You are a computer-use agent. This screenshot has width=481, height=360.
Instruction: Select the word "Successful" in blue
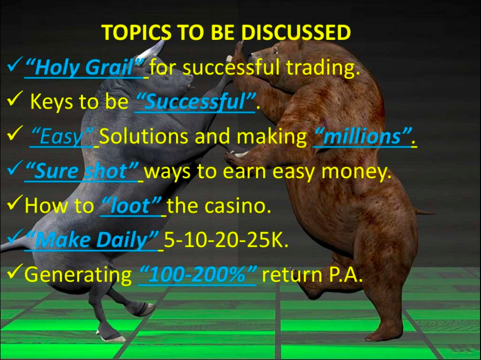(195, 102)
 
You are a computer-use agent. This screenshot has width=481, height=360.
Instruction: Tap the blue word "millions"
(362, 136)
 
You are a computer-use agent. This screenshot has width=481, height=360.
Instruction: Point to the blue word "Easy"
(62, 137)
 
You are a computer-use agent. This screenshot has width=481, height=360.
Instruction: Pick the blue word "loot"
(131, 205)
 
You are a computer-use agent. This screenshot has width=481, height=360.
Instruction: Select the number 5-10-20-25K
(226, 240)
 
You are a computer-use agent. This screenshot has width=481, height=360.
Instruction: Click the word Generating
(78, 275)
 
